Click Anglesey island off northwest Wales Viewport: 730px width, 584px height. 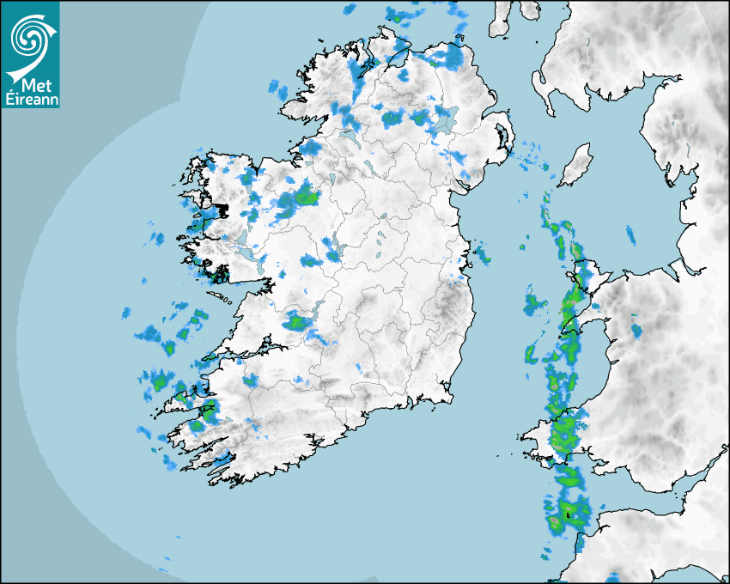pyautogui.click(x=583, y=275)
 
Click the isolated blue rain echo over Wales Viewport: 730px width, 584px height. pyautogui.click(x=636, y=331)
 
